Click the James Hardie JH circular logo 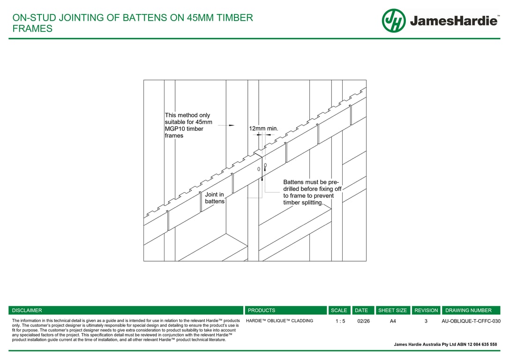coord(393,21)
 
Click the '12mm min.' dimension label coord(263,128)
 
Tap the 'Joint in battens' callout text coord(215,198)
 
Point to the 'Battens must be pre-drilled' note coord(312,192)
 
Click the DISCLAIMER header coord(27,310)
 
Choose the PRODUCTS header coord(262,310)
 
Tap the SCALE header coord(339,310)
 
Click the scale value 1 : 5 coord(340,321)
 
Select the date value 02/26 coord(363,321)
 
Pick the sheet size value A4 coord(393,321)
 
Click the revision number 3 coord(426,321)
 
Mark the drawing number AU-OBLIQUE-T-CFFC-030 coord(471,321)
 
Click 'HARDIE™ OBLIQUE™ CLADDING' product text coord(279,321)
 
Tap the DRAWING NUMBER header coord(468,310)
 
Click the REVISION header coord(426,310)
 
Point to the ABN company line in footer coord(445,345)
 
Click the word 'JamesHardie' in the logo coord(454,21)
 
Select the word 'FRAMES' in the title coord(32,29)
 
